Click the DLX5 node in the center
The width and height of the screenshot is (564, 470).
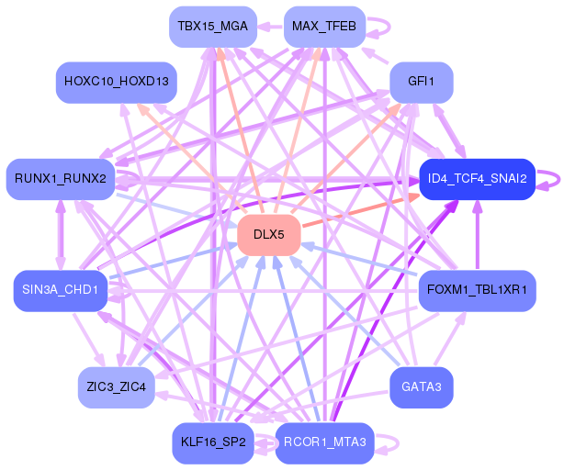tap(268, 235)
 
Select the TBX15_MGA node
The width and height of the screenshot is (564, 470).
tap(212, 27)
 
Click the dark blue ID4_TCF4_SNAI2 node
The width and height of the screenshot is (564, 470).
tap(477, 178)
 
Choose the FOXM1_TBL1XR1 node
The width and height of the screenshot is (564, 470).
tap(477, 291)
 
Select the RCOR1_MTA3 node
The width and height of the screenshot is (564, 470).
tap(323, 442)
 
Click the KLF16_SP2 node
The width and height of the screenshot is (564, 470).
tap(212, 442)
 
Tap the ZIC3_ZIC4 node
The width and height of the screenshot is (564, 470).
tap(116, 387)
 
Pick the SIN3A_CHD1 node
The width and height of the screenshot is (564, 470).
tap(61, 291)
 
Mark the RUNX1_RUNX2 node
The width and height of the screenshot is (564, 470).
tap(61, 178)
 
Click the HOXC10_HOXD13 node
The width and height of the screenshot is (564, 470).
tap(116, 82)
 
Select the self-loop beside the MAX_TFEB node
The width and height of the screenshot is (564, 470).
tap(378, 26)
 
